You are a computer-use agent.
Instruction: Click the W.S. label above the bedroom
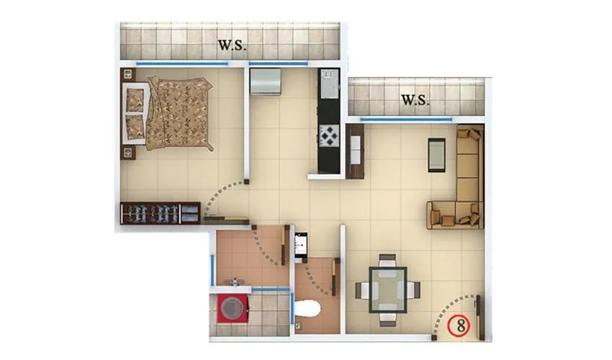point(233,46)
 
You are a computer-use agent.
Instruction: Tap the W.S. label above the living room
point(415,100)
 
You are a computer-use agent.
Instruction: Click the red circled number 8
point(458,325)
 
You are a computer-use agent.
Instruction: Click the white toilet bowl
point(309,310)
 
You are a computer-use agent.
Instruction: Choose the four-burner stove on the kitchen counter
point(329,135)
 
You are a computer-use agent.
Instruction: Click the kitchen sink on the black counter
point(329,84)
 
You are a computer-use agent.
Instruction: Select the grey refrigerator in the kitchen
point(265,81)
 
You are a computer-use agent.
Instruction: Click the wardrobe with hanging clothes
point(160,213)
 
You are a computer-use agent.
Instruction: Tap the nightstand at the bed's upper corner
point(129,73)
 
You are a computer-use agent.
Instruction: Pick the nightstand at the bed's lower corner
point(129,152)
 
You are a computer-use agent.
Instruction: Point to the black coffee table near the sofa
point(437,154)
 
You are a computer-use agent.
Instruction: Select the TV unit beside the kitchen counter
point(354,151)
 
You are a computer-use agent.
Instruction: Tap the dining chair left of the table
point(362,290)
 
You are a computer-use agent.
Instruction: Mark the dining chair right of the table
point(413,290)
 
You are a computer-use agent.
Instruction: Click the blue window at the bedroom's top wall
point(181,64)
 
